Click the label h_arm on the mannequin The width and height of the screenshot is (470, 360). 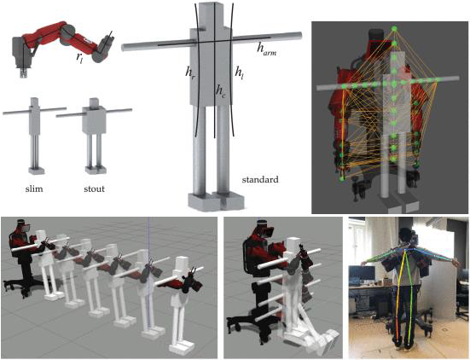[266, 49]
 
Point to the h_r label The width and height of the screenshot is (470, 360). [190, 73]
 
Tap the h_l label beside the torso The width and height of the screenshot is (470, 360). [239, 73]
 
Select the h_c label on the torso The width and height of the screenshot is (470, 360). [220, 91]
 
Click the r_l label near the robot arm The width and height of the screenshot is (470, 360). [79, 58]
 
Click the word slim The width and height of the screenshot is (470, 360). [34, 189]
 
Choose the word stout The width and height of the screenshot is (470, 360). [95, 189]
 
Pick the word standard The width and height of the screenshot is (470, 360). [260, 180]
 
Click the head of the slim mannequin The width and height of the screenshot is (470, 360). [33, 102]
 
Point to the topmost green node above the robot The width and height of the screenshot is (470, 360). [394, 29]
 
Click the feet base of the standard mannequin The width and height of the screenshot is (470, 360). [216, 201]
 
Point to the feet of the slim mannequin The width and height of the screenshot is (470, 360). [37, 171]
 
